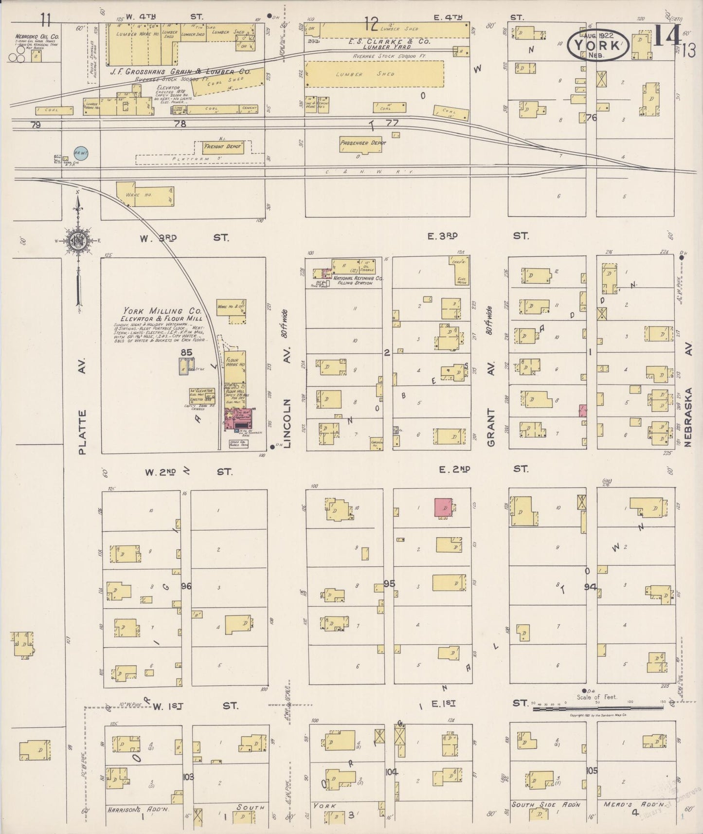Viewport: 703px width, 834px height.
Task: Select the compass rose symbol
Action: pos(78,241)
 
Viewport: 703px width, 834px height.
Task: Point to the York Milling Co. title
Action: pos(153,311)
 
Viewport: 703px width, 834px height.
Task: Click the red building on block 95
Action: pos(443,507)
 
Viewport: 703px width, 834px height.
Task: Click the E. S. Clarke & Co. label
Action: pos(389,42)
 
